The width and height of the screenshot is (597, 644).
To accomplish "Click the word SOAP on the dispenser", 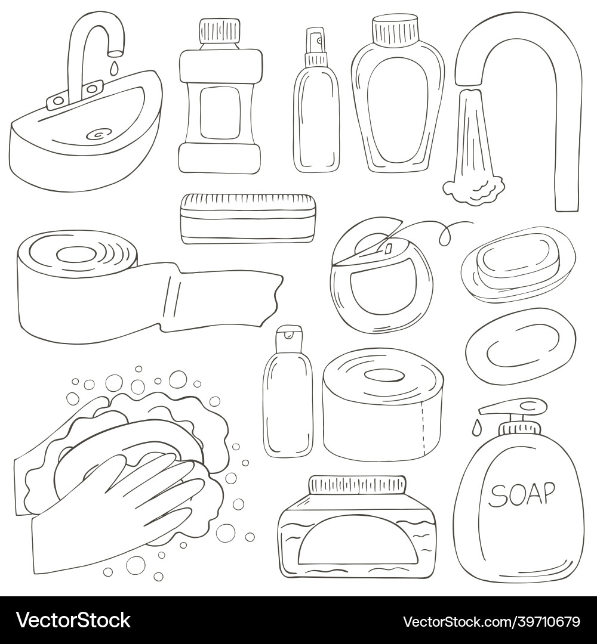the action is pyautogui.click(x=521, y=494).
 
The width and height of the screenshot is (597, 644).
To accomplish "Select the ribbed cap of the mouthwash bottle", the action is pyautogui.click(x=219, y=31).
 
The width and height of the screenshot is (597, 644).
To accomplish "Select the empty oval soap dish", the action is pyautogui.click(x=521, y=346).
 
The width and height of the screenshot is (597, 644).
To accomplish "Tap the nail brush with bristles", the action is pyautogui.click(x=249, y=218).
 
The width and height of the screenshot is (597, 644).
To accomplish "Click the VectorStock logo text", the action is pyautogui.click(x=73, y=620).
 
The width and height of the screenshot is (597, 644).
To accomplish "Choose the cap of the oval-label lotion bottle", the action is pyautogui.click(x=395, y=30).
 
